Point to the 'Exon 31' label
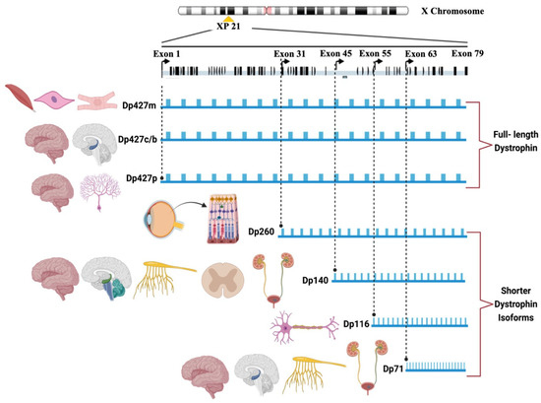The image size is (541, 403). click(288, 53)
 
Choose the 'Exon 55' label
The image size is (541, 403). click(378, 53)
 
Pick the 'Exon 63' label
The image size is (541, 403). click(421, 53)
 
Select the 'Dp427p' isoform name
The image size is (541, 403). click(136, 178)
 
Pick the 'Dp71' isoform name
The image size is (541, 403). click(393, 368)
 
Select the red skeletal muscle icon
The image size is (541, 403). click(17, 101)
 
